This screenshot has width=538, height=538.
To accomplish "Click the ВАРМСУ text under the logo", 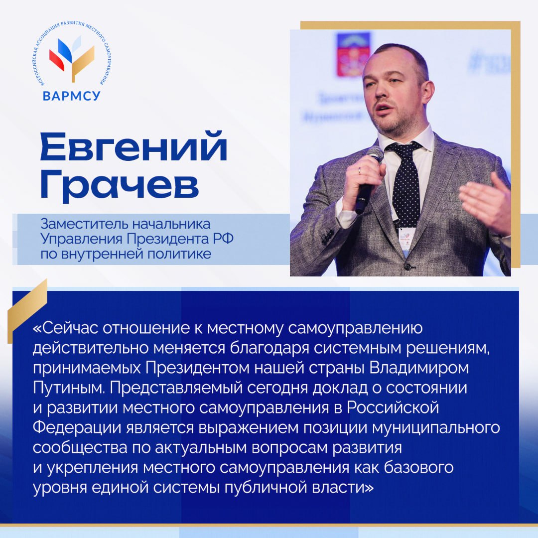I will coord(71,95).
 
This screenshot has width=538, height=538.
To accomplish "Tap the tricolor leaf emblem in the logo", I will coord(72,58).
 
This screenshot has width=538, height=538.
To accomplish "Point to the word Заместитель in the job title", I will coord(74,222).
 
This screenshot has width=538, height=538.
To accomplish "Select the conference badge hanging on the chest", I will coord(405,242).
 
